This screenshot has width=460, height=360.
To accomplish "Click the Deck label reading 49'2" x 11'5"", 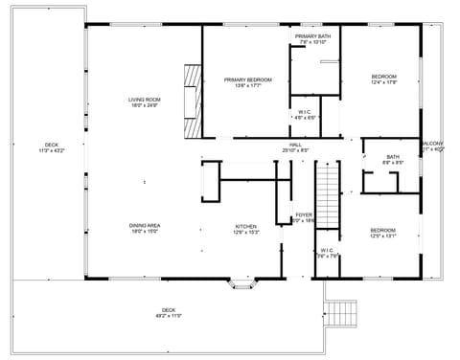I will coord(169,312).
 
